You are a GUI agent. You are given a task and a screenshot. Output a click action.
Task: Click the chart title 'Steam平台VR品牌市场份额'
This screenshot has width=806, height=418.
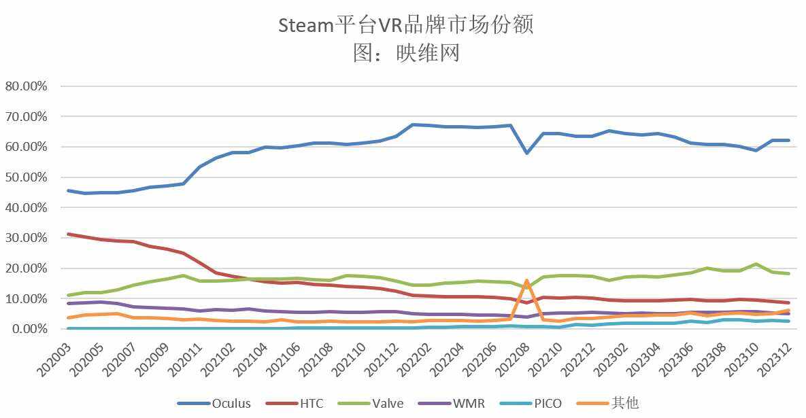point(406,25)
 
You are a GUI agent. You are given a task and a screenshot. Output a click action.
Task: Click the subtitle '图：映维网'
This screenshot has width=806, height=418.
point(406,52)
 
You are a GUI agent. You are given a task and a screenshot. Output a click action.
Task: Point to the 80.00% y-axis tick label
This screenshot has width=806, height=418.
point(26,86)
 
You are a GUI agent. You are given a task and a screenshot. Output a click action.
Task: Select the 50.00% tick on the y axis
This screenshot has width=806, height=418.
point(26,177)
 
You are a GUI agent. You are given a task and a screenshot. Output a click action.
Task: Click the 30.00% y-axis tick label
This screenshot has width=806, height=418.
point(26,238)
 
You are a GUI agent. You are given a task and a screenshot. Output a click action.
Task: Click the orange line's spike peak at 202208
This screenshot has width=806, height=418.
point(527,281)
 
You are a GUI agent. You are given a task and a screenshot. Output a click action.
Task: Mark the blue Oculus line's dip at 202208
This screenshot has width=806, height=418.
point(527,153)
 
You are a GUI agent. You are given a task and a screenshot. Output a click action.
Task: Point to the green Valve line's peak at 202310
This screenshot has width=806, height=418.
point(755,264)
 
